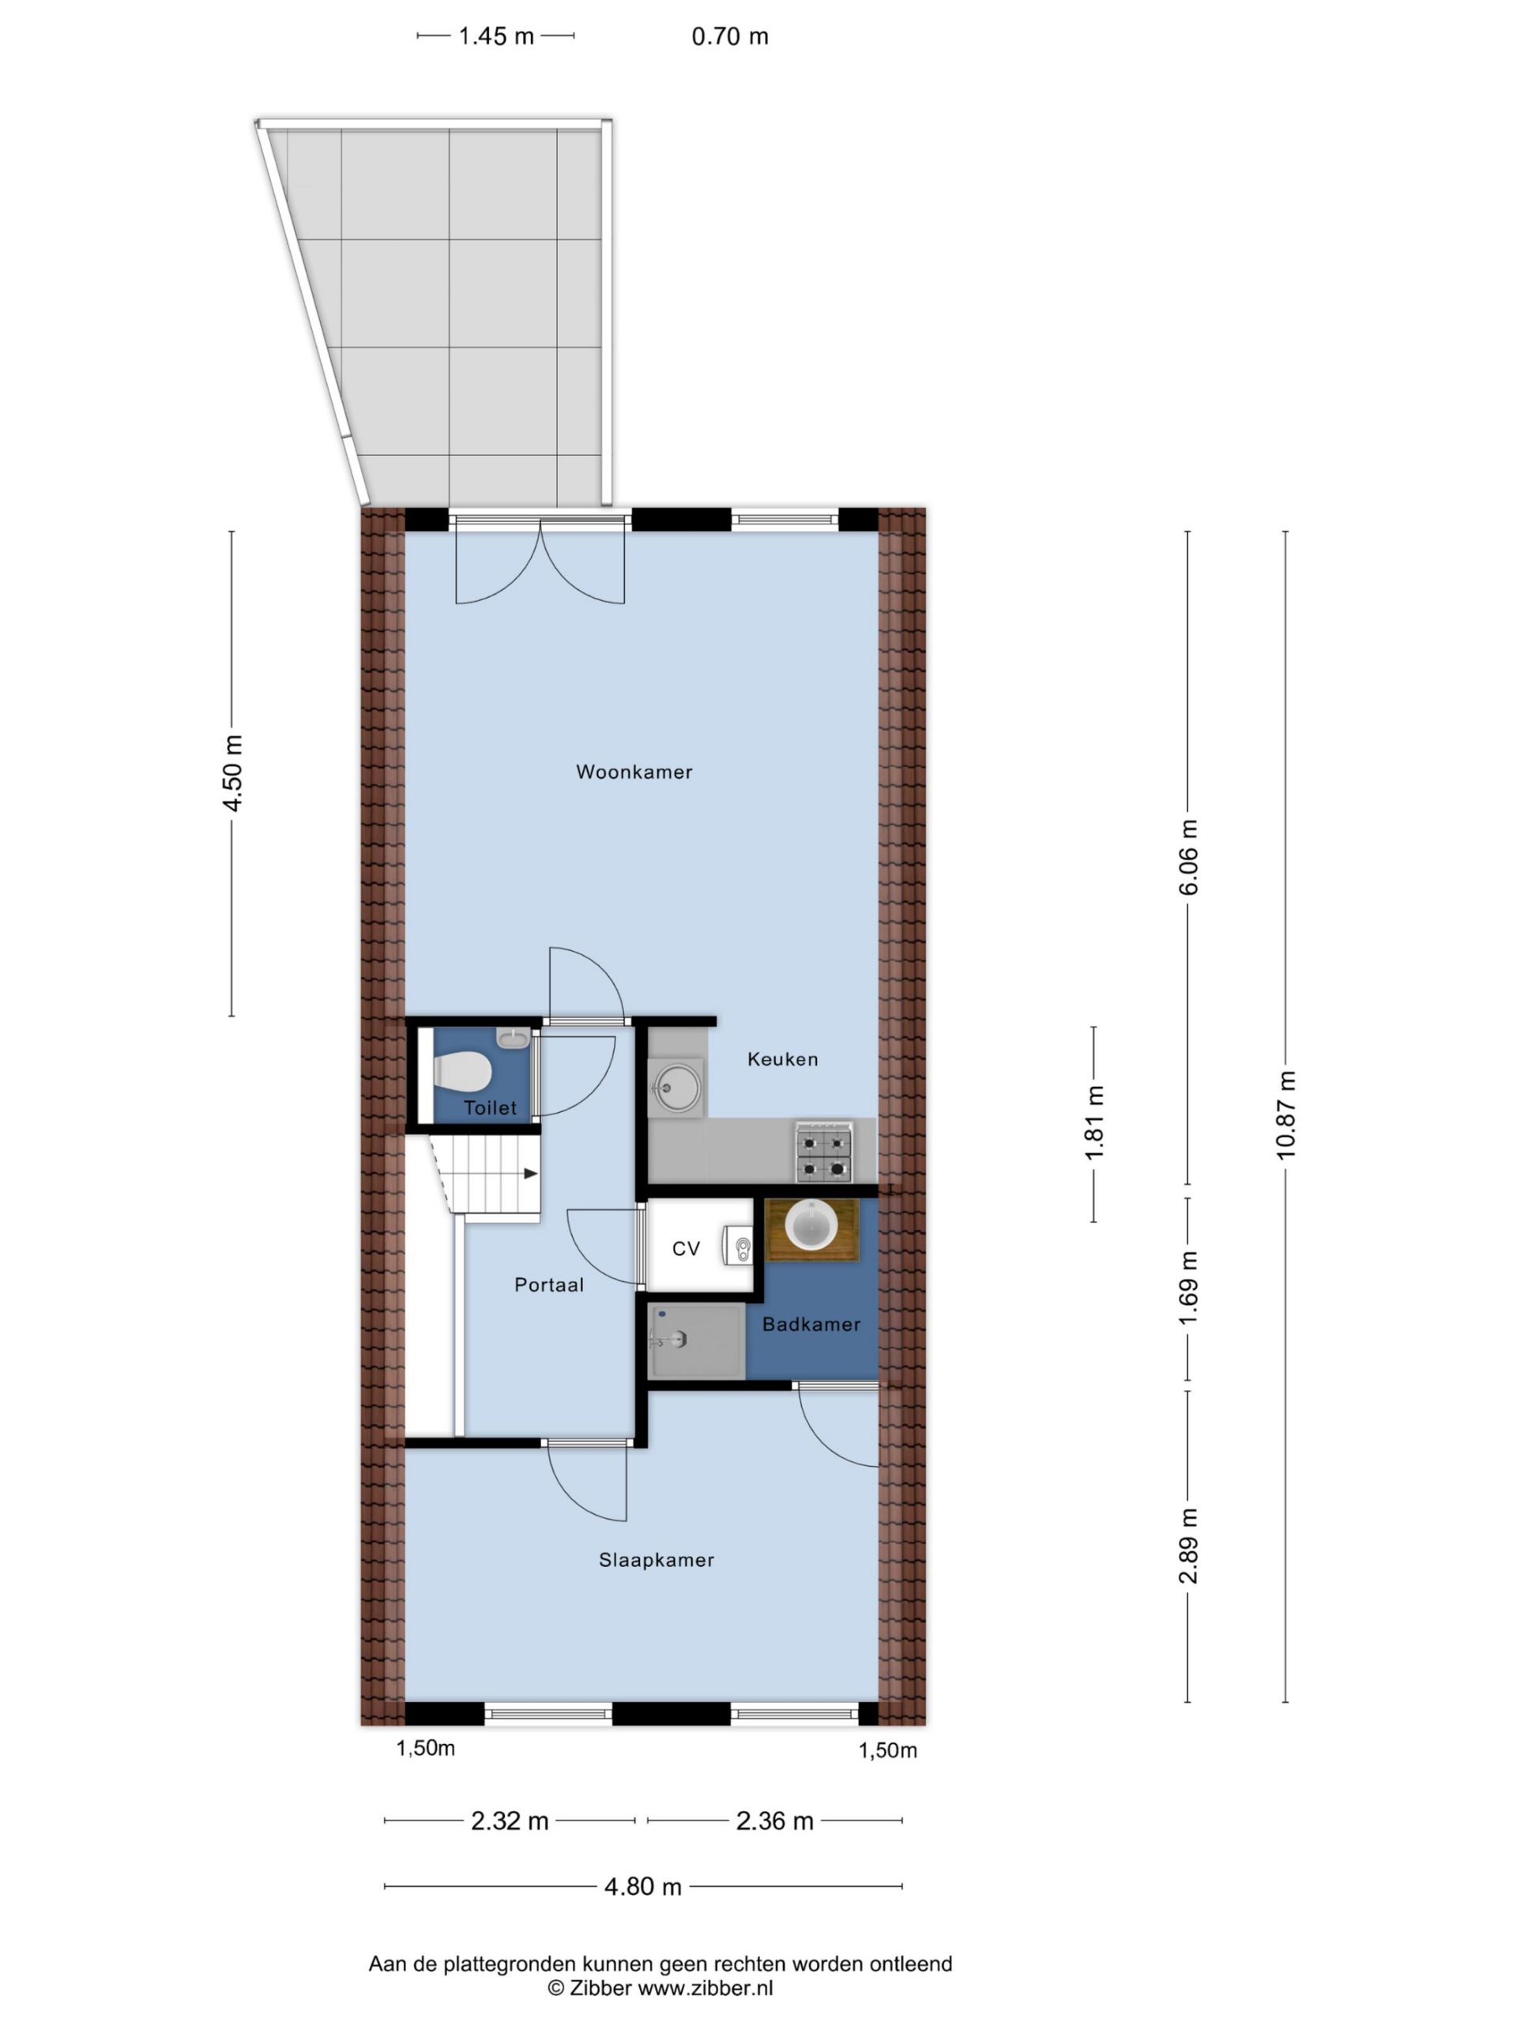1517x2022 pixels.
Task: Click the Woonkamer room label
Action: click(634, 772)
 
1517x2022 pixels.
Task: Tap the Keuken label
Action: click(782, 1058)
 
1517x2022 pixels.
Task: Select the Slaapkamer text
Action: click(656, 1559)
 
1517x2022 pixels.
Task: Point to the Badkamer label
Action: click(811, 1324)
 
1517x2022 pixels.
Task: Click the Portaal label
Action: click(548, 1284)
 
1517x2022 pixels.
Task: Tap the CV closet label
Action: click(686, 1249)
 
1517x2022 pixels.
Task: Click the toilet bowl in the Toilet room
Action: click(463, 1070)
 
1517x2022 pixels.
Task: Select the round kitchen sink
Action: click(676, 1087)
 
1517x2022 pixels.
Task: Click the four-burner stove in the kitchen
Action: click(824, 1152)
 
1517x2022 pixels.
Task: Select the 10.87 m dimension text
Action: click(1285, 1115)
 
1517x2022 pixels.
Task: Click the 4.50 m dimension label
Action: click(233, 772)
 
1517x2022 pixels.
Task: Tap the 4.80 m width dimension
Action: click(643, 1887)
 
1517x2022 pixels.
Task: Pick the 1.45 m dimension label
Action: click(495, 36)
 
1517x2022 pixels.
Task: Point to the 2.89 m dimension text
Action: click(1188, 1546)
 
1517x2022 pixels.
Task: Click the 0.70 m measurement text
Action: click(730, 36)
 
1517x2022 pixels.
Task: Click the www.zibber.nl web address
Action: click(705, 1987)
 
